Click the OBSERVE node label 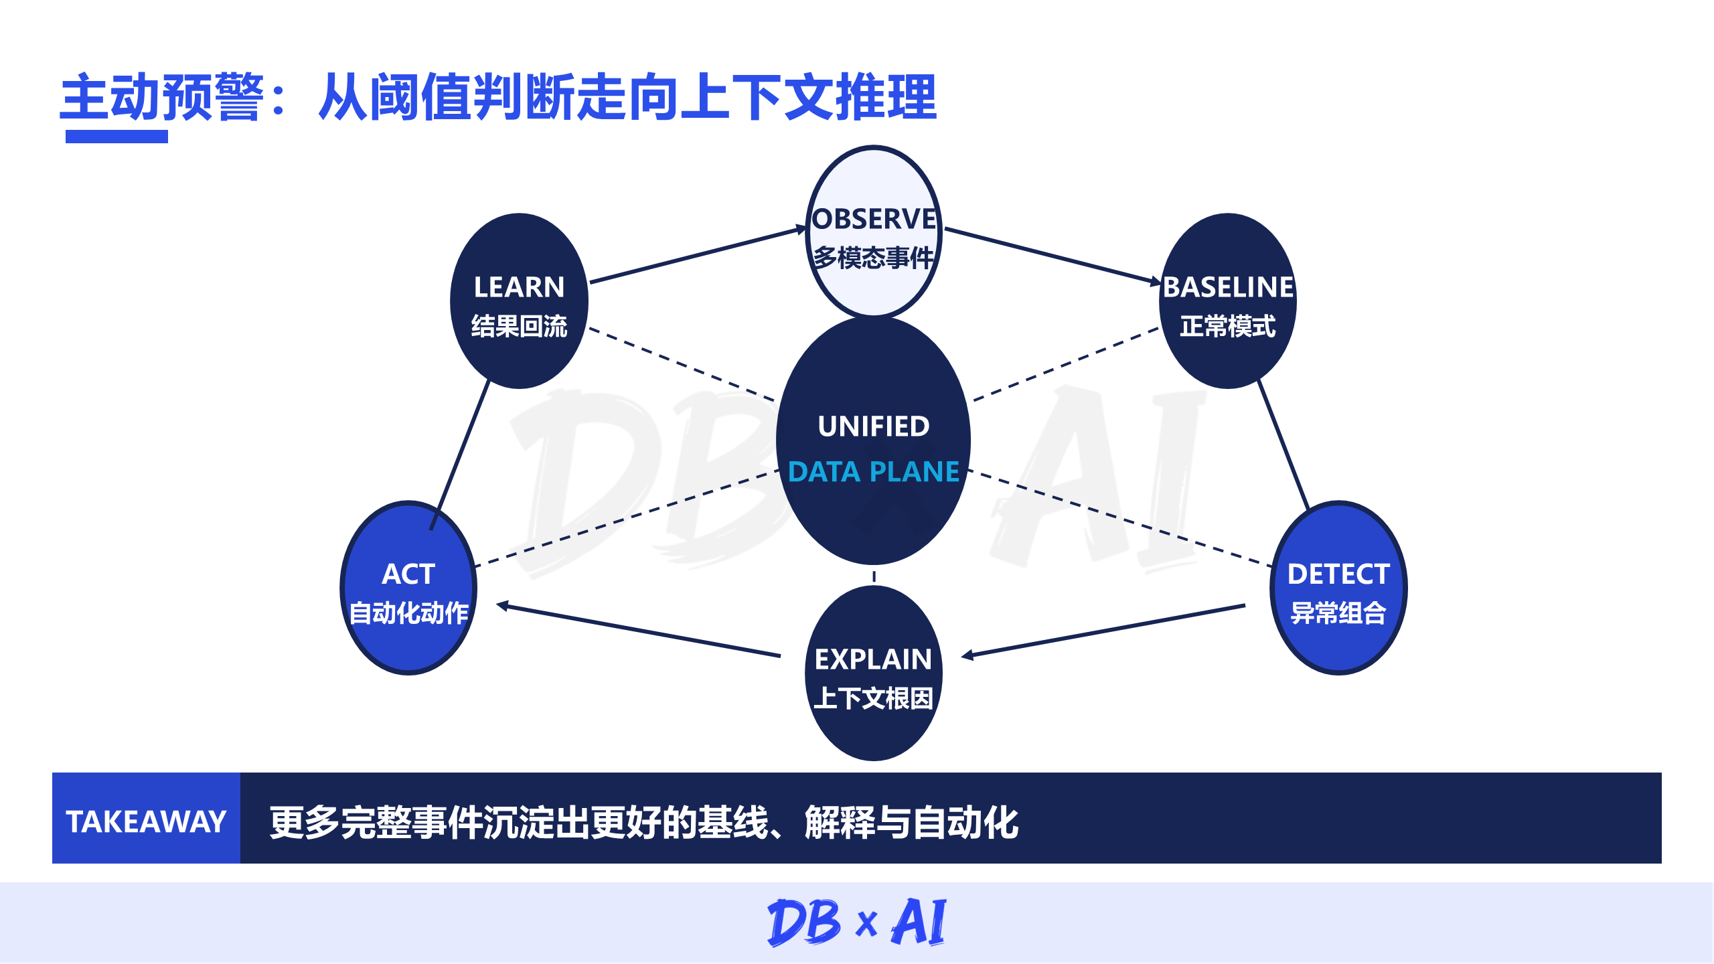tap(874, 219)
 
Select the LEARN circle tap(519, 301)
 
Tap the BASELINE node tap(1228, 301)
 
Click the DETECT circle tap(1338, 587)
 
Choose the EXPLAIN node tap(874, 673)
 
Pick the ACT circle tap(408, 587)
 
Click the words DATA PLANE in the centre tap(874, 472)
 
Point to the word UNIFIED tap(874, 426)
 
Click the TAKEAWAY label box tap(146, 818)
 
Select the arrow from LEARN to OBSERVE tap(699, 255)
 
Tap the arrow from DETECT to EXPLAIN tap(1103, 631)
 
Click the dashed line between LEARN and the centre tap(682, 365)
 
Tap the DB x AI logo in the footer tap(857, 922)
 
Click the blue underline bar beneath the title tap(116, 137)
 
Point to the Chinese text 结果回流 tap(519, 326)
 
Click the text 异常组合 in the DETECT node tap(1338, 613)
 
